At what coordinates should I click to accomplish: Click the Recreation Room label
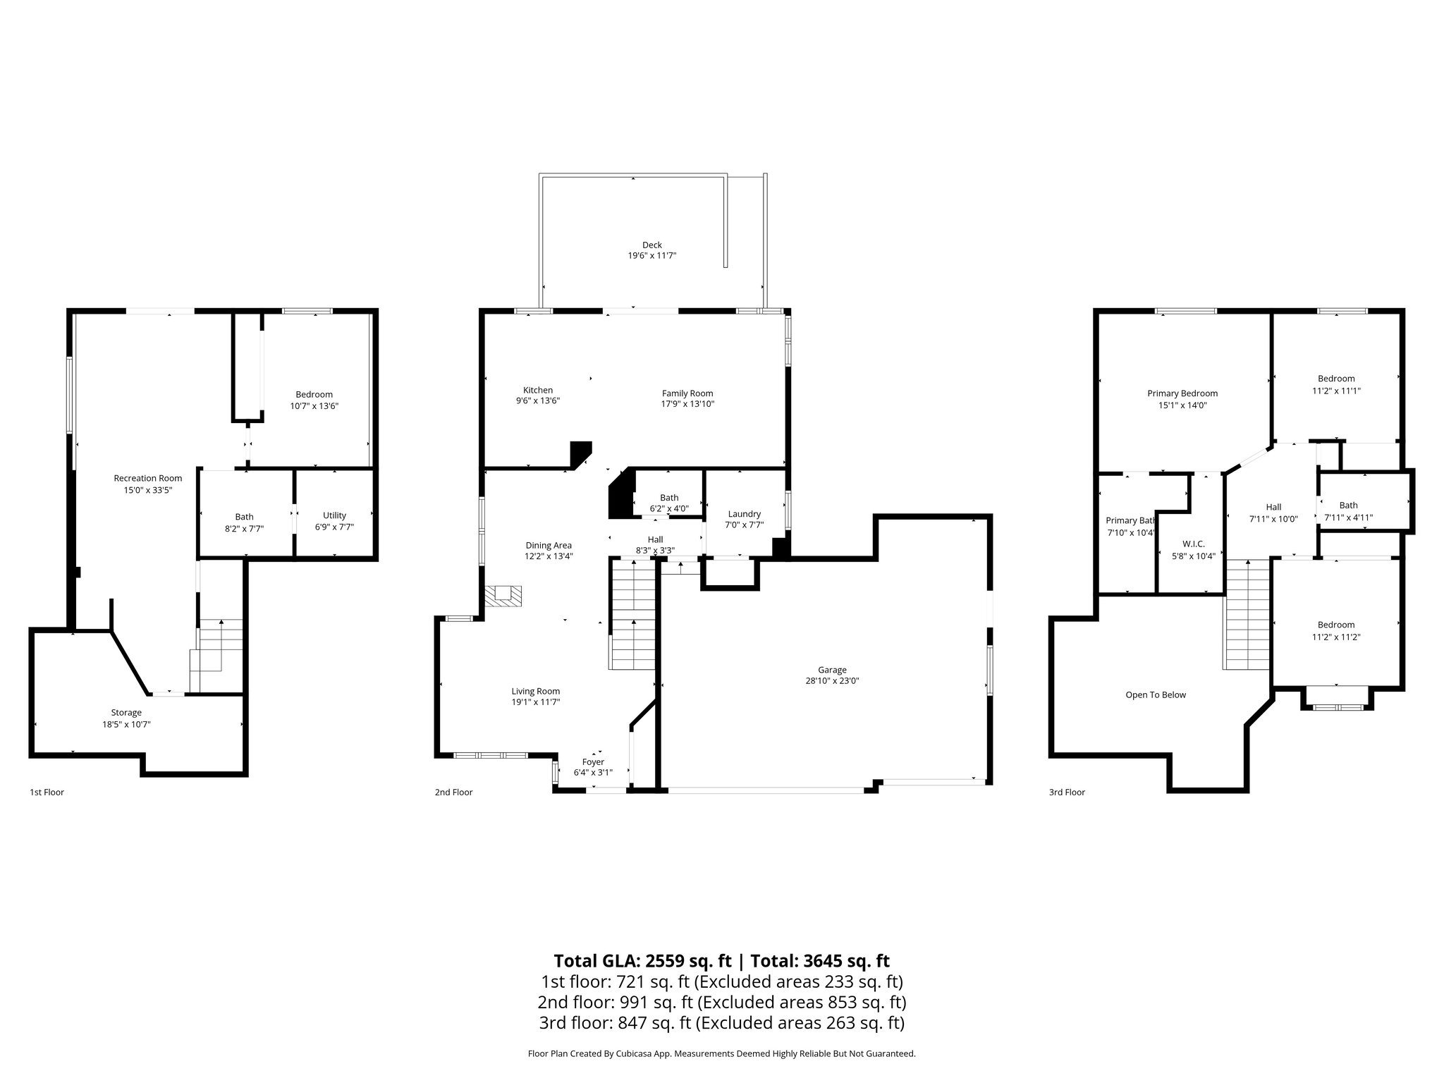148,478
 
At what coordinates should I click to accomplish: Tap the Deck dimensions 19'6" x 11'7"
652,256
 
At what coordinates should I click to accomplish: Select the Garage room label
832,670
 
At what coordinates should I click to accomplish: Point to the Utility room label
334,515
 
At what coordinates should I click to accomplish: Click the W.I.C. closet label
1193,544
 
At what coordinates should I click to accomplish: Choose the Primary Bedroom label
1182,393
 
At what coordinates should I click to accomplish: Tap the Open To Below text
1156,695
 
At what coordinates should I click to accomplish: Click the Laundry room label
744,514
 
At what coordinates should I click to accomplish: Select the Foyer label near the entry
593,761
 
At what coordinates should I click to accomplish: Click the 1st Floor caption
47,792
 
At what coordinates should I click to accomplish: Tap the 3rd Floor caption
1067,792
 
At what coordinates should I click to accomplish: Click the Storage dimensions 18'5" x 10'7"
126,724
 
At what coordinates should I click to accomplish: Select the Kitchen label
537,390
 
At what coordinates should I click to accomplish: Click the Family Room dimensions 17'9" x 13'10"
687,404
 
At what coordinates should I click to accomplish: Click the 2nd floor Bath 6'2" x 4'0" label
669,498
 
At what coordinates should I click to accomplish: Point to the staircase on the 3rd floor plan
1247,615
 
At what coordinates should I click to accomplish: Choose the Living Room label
535,691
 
